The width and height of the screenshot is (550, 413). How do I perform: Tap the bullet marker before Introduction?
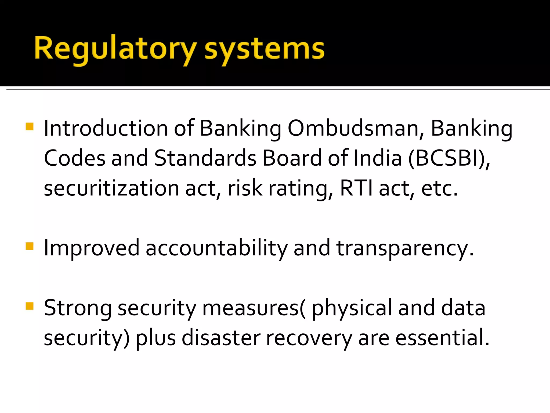click(30, 127)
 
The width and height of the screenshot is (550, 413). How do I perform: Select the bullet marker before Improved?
click(30, 246)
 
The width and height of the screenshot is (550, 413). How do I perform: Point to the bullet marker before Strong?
click(30, 306)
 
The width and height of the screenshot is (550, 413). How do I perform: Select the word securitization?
click(111, 188)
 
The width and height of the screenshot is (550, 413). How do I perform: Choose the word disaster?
click(221, 338)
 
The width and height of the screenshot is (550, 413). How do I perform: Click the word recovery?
click(309, 338)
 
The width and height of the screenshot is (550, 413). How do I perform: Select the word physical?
click(352, 308)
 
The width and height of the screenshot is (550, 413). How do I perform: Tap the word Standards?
click(205, 158)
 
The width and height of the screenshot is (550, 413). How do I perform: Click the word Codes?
click(74, 158)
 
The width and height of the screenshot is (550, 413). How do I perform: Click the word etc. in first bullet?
click(439, 188)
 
